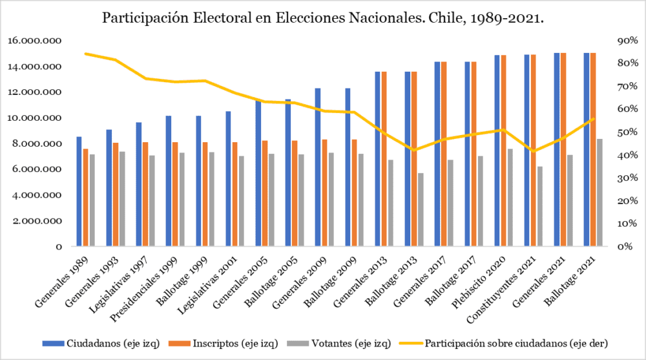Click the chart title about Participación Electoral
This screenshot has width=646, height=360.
(x=323, y=19)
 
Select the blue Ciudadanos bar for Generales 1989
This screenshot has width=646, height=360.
(x=79, y=191)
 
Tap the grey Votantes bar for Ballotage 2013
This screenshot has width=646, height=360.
(x=420, y=209)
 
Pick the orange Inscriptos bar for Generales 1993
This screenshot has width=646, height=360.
(x=115, y=195)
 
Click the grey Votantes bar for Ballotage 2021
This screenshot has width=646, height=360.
(x=599, y=193)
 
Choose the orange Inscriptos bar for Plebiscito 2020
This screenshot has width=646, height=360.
(x=503, y=151)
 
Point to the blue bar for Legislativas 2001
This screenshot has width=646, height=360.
(x=229, y=179)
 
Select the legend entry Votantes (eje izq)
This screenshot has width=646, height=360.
(x=342, y=343)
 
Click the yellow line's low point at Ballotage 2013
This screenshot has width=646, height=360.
(x=413, y=150)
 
